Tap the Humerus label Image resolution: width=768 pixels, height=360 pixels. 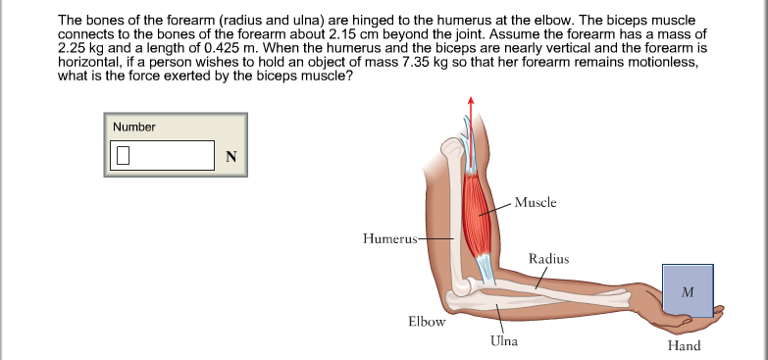point(389,237)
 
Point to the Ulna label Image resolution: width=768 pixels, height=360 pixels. point(503,341)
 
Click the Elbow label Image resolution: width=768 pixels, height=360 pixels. point(427,321)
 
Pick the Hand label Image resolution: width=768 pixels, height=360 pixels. point(684,345)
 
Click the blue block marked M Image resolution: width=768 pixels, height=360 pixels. point(687,290)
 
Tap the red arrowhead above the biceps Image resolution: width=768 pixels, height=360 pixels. point(471,100)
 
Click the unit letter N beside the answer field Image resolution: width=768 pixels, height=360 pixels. point(231,157)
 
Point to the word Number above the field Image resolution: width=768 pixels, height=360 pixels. point(134,127)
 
